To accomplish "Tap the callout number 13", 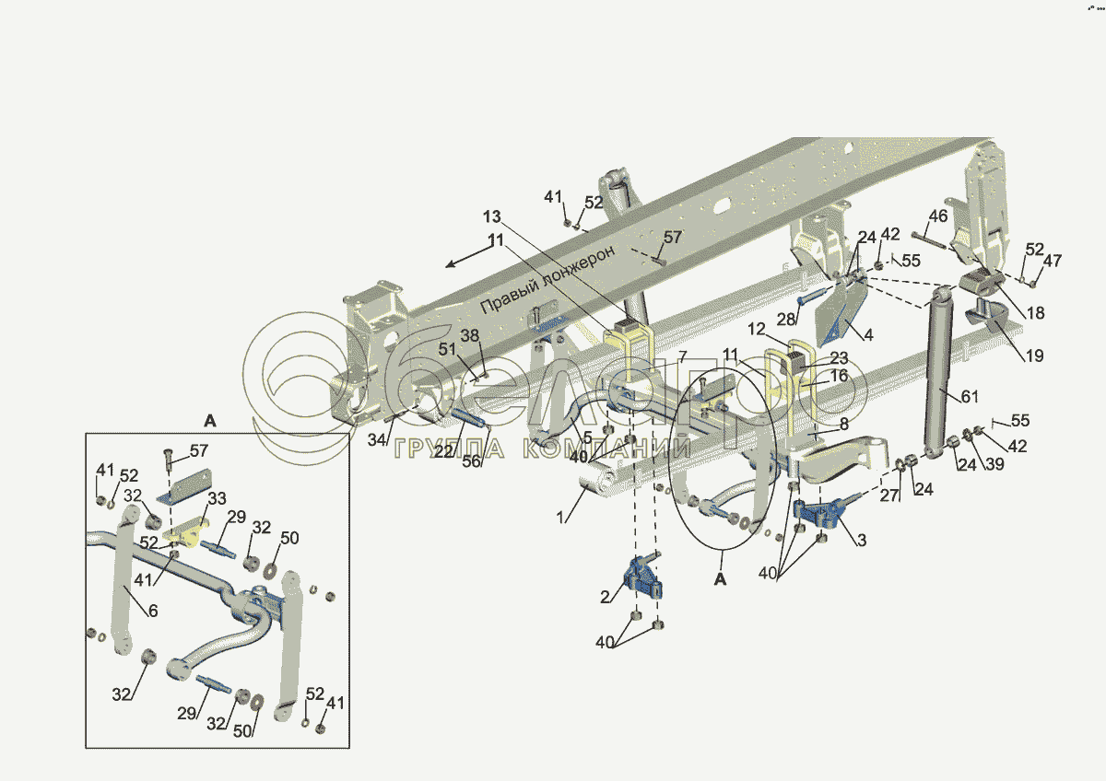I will coord(491,216).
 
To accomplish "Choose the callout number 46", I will coord(937,216).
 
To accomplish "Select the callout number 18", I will coord(1035,313).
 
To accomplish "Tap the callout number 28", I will coord(785,318).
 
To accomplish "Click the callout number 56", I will coord(472,461).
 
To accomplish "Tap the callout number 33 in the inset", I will coord(217,499).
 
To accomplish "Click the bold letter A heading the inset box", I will coord(209,421).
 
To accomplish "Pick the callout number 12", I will coord(757,329).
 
